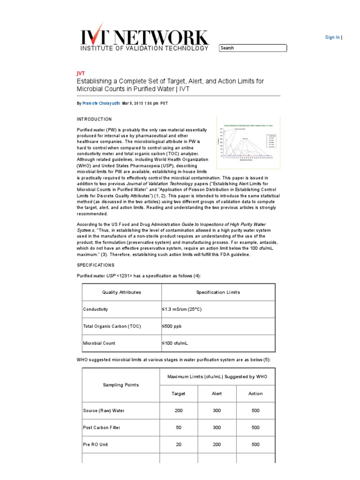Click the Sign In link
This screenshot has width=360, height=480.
[x=332, y=37]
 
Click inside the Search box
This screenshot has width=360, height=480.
[x=253, y=48]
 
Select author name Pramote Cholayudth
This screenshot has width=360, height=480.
[x=101, y=103]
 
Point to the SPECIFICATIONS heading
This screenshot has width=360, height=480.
[x=96, y=265]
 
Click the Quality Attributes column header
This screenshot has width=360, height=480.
[x=121, y=292]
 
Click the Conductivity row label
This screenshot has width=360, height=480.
[x=96, y=309]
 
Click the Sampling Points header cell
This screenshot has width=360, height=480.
[x=120, y=385]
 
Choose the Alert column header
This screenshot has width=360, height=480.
[x=217, y=394]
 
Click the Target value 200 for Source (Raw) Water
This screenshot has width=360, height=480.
[x=179, y=411]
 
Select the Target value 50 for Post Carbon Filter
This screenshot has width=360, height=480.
[x=179, y=427]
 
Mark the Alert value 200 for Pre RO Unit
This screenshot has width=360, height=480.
[x=217, y=444]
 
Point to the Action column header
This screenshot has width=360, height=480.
[x=255, y=394]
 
